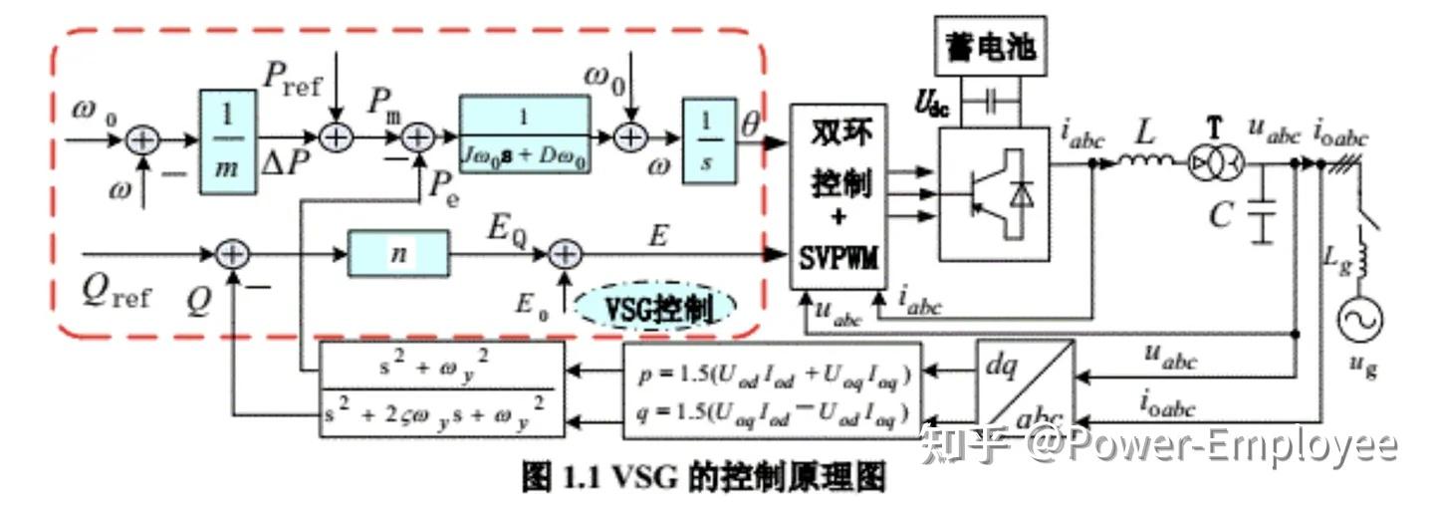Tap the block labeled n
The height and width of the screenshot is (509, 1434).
(398, 254)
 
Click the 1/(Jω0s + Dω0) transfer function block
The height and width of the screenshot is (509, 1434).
(524, 135)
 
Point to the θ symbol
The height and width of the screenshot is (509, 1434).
(752, 126)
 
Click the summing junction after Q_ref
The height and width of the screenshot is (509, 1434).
(231, 255)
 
